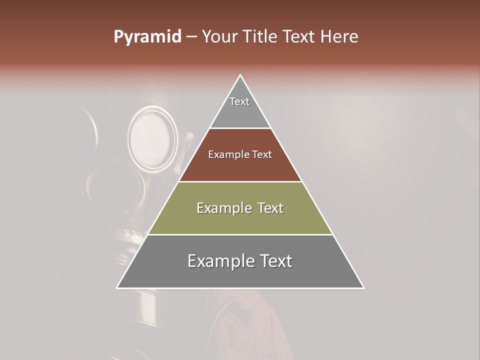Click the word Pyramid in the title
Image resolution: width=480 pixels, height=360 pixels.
click(x=147, y=37)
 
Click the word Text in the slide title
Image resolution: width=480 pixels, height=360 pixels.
click(x=300, y=37)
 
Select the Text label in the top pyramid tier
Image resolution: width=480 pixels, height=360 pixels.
click(x=239, y=101)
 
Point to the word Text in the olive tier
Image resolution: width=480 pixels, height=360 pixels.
click(x=270, y=208)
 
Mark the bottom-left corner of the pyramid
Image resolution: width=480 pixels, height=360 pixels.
click(x=117, y=288)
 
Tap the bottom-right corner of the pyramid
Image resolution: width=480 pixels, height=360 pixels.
click(x=363, y=288)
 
